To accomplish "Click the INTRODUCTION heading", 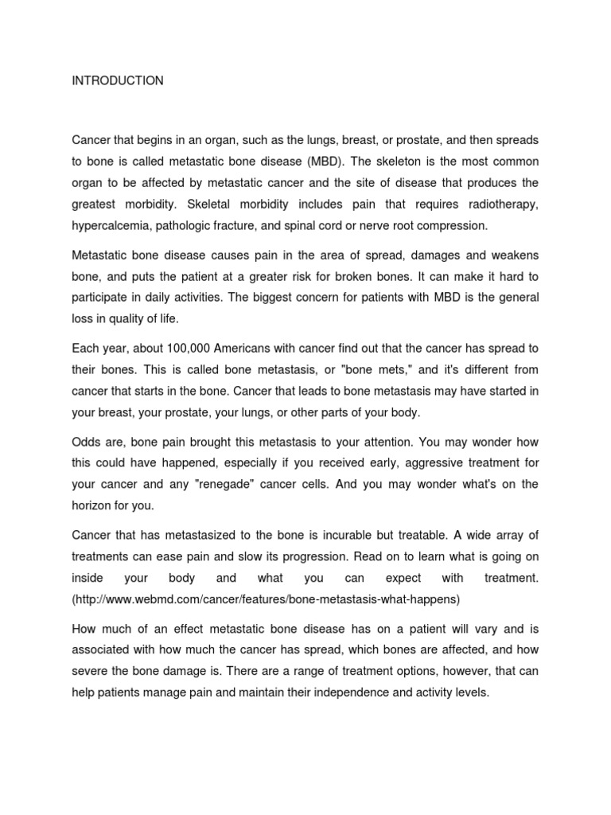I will tap(118, 80).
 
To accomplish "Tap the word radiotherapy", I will tap(501, 204).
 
